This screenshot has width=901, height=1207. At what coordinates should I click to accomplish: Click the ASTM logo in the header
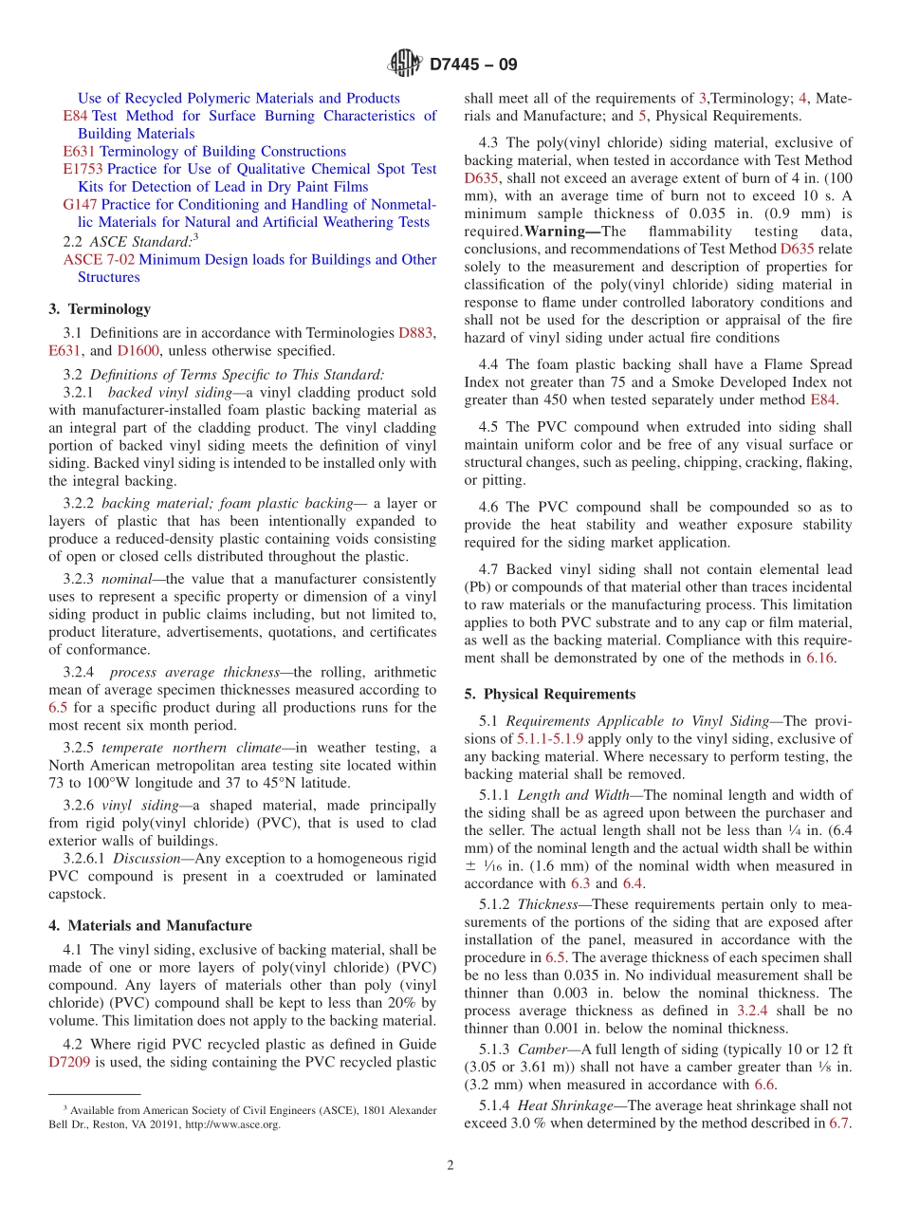click(405, 65)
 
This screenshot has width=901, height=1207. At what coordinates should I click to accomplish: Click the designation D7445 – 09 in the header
click(473, 65)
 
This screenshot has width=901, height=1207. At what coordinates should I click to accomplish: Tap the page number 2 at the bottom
click(450, 1165)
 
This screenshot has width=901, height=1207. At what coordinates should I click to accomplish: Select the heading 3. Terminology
click(100, 308)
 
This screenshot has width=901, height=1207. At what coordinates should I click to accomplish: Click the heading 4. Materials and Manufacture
click(150, 925)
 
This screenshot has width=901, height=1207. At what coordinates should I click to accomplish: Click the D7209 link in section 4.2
click(69, 1062)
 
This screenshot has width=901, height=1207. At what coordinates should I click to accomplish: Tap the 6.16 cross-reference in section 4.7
click(820, 657)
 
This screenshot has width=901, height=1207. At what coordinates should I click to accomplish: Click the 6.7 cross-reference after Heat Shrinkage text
click(838, 1123)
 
